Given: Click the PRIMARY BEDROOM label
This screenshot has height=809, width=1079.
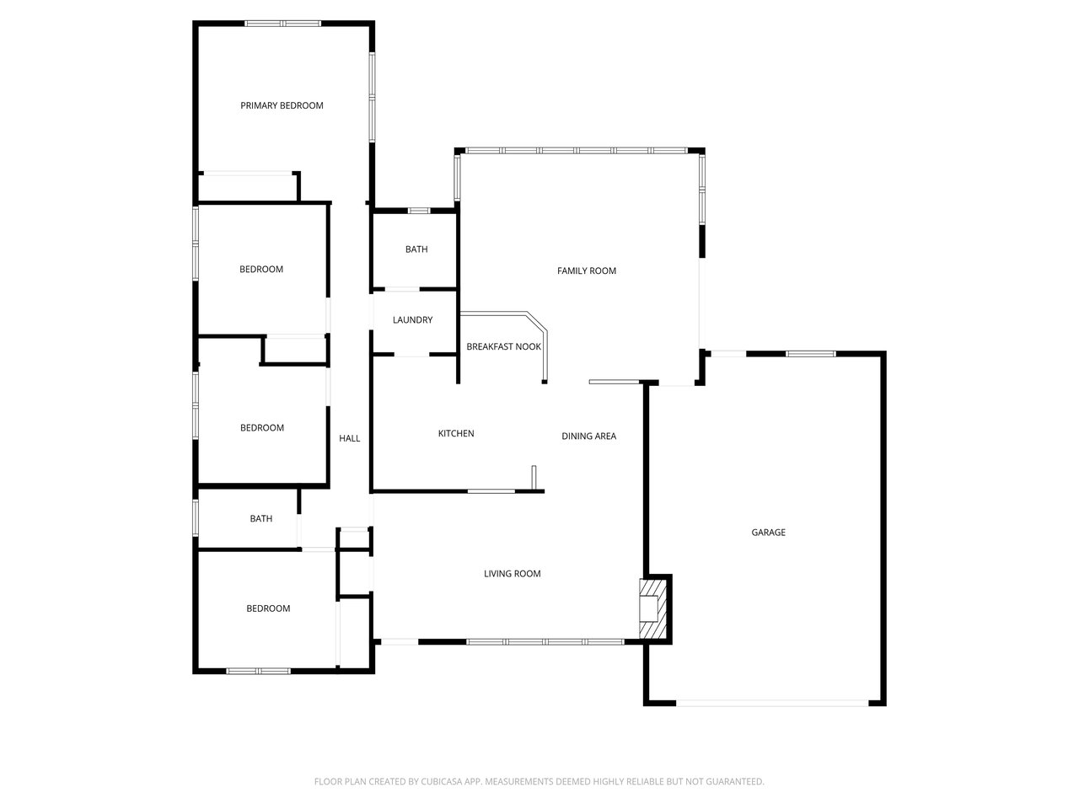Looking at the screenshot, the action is coord(282,105).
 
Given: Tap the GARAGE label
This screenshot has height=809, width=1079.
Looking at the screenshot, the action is coord(768,532).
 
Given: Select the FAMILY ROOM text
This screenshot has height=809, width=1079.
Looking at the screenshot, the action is coord(587,271).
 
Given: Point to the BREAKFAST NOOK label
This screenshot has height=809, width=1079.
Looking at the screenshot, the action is coord(503,347).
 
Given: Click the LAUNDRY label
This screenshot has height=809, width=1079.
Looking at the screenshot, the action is coord(412,319).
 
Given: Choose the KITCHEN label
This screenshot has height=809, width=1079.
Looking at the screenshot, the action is coord(456,433).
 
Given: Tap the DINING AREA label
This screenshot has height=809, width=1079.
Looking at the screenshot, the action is coord(589,437).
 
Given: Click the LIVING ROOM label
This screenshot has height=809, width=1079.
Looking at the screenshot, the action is coord(513,573).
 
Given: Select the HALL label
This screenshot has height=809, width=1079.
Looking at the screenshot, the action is coord(350,438).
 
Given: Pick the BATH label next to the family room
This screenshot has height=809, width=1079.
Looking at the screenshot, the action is coord(416,249).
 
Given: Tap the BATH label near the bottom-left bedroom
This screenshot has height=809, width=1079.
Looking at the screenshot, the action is coord(261,519).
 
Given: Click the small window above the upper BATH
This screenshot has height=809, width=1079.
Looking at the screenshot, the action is coord(419,211).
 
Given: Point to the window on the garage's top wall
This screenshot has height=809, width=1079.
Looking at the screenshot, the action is coord(811,354).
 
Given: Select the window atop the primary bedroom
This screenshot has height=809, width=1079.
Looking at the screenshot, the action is coord(283,23).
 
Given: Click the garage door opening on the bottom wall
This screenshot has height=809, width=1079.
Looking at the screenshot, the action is coord(772,704).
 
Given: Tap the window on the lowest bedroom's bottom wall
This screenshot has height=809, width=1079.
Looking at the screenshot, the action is coord(259,671).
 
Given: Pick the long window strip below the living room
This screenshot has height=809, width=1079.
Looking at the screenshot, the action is coord(545,641).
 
